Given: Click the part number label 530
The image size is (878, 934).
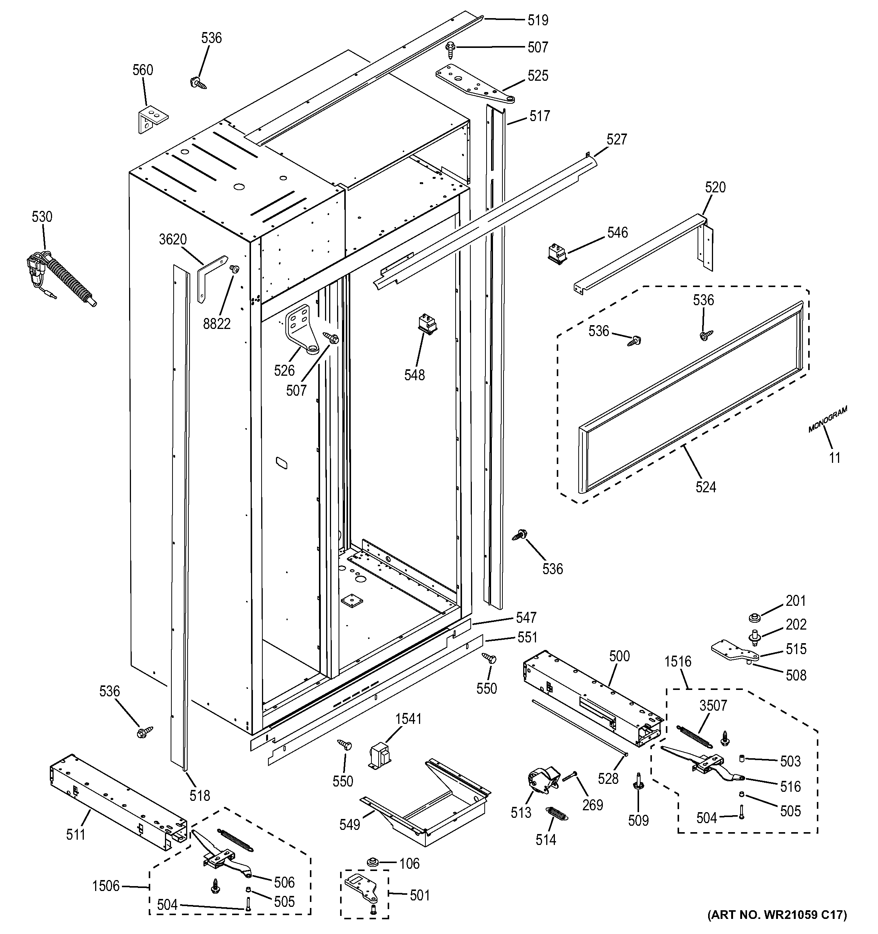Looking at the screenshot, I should (42, 217).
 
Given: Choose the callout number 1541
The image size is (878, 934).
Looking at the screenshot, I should (408, 719).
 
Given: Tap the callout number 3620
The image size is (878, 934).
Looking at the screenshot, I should (173, 240).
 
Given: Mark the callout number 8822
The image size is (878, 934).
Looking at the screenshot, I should (217, 324).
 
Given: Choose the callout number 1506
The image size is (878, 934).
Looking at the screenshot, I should (106, 886).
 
